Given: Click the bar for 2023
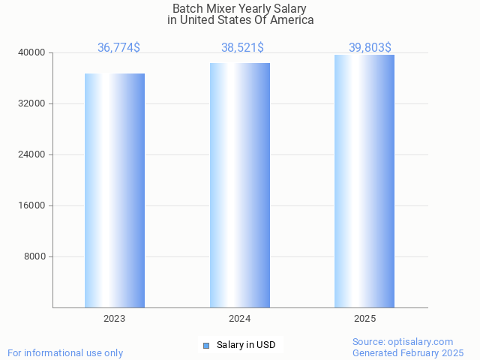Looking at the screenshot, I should pos(115,190).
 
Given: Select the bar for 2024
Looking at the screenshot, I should pos(240,185).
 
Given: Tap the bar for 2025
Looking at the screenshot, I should pos(364,181).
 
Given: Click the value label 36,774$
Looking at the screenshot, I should pos(118,48).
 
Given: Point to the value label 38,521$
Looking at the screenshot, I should pos(242,48).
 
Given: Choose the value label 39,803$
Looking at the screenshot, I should pos(370,48).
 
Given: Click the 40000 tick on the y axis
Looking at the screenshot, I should pos(31,52).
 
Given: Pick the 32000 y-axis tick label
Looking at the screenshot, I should pos(31,103).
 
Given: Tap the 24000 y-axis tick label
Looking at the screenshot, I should pos(31,154).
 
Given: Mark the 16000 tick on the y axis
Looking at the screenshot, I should pos(31,205).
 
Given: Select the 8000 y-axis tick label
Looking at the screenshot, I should pos(34,256).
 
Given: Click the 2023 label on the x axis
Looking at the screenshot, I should pos(115,319).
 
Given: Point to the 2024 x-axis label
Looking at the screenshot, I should pos(240,319).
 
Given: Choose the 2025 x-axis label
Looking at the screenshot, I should pos(364,319).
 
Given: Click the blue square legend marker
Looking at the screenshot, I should pos(206,345).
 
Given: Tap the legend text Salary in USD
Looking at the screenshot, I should pos(246,345).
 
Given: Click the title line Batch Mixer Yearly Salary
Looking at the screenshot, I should pos(240,8).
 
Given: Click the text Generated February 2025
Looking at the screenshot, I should pos(408,352).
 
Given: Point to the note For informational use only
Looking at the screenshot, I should pos(65,352).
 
